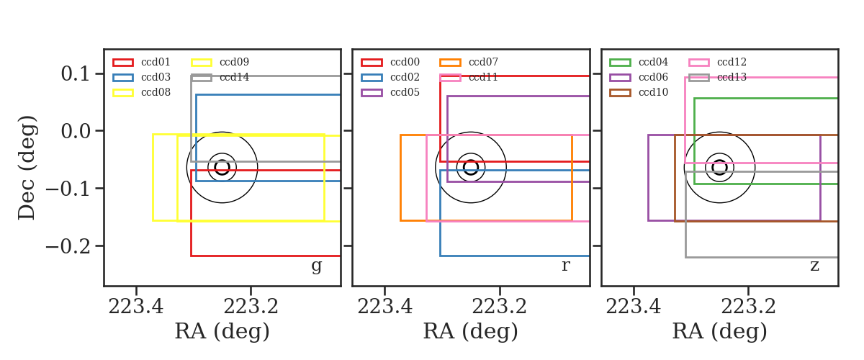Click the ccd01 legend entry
(142, 62)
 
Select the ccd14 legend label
(234, 77)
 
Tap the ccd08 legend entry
(142, 92)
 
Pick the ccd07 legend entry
(469, 62)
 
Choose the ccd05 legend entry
(390, 92)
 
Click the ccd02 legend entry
(390, 77)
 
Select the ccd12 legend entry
(717, 62)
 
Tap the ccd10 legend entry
(639, 92)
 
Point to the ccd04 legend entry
(639, 62)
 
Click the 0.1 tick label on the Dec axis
(75, 73)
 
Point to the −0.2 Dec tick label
(68, 246)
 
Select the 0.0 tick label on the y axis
(75, 131)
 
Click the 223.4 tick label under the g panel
(136, 307)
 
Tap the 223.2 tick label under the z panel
(748, 307)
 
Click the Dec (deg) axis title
(27, 168)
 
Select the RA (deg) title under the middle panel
(471, 331)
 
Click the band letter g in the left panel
(316, 266)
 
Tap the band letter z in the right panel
(814, 266)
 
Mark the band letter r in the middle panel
(565, 266)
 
